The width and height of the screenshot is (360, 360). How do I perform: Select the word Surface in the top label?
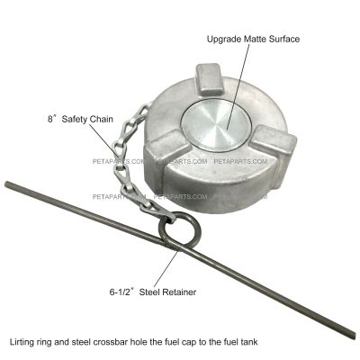pyautogui.click(x=284, y=39)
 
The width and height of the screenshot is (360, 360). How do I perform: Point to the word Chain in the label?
pyautogui.click(x=102, y=119)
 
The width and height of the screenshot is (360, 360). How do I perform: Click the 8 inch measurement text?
pyautogui.click(x=51, y=119)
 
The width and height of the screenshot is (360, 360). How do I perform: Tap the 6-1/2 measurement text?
pyautogui.click(x=121, y=292)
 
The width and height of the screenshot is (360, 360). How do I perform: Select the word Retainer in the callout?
pyautogui.click(x=179, y=292)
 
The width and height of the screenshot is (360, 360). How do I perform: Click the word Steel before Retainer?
pyautogui.click(x=149, y=292)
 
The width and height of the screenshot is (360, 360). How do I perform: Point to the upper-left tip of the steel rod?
pyautogui.click(x=6, y=184)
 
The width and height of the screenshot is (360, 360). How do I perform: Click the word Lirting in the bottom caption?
pyautogui.click(x=22, y=342)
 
